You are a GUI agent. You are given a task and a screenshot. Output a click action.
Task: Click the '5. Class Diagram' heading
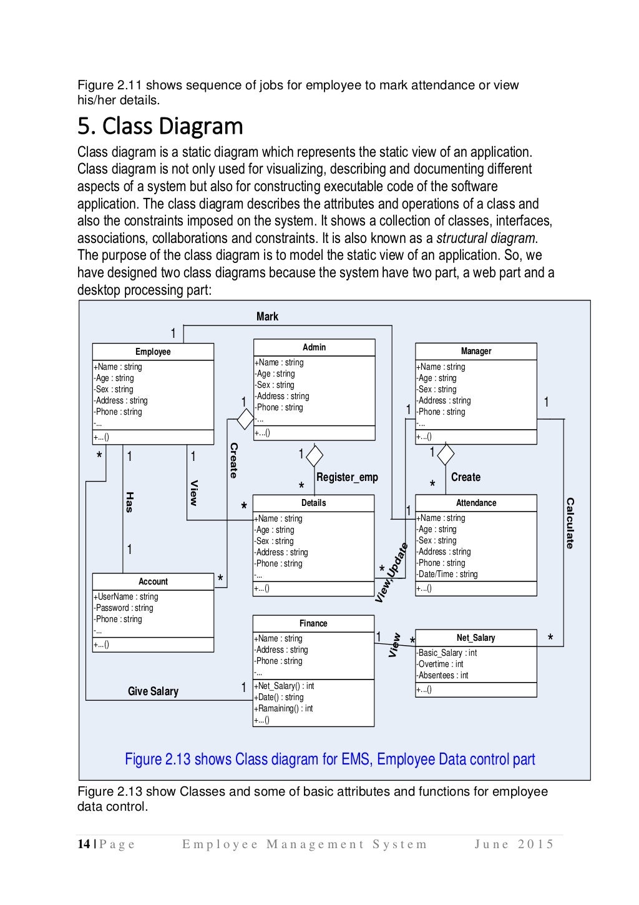[160, 127]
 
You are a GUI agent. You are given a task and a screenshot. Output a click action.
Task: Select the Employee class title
[153, 352]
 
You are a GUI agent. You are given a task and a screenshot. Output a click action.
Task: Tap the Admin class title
[314, 347]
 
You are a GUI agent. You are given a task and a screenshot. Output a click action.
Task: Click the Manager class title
[476, 351]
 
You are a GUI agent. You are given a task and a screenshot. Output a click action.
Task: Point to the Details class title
[313, 503]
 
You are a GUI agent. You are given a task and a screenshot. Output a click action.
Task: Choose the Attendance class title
[476, 503]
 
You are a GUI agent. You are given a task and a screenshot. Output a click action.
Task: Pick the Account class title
[153, 581]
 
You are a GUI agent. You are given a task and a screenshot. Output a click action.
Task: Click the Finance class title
[313, 623]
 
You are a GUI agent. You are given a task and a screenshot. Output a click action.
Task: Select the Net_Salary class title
[476, 638]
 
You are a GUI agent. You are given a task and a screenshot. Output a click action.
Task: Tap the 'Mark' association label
[267, 317]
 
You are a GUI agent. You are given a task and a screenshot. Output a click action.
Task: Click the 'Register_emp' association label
[347, 477]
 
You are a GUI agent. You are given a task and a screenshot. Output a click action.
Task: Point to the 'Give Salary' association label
[153, 691]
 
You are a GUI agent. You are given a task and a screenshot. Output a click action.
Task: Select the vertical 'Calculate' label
[570, 523]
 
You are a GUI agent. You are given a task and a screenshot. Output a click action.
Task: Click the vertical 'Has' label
[130, 502]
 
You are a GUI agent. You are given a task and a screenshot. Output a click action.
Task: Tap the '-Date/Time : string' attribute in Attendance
[447, 574]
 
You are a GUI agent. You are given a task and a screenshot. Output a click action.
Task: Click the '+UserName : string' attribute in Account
[125, 596]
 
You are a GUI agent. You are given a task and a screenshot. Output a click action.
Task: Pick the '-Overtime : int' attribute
[440, 664]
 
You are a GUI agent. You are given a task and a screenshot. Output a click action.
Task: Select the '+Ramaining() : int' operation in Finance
[283, 708]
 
